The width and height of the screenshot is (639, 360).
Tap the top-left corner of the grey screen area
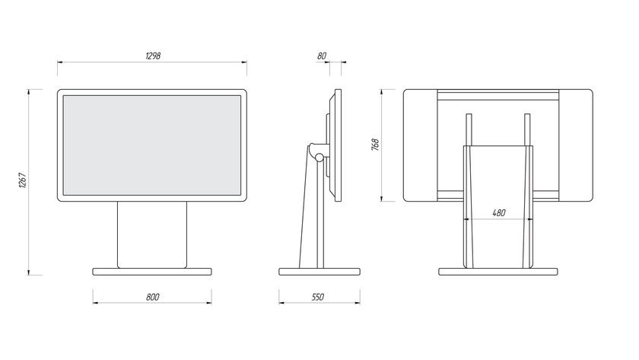coord(63,96)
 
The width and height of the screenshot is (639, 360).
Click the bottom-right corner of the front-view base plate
coord(211,275)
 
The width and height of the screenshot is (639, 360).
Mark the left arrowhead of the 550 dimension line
coord(280,303)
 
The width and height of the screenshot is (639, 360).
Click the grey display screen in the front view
coord(152,145)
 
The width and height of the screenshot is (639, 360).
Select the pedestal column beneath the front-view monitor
coord(152,235)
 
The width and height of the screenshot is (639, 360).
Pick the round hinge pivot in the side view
coord(319,156)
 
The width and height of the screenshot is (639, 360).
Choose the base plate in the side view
coord(319,272)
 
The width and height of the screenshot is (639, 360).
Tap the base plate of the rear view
coord(498,272)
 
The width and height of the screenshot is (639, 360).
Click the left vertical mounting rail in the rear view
coord(469,129)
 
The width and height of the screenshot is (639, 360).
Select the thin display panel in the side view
coord(339,145)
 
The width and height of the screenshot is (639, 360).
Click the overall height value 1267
coord(23,180)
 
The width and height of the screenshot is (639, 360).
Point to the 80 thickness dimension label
coord(322,56)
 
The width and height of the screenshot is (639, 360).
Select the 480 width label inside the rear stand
coord(499,213)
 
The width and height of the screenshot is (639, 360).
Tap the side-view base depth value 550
coord(318,298)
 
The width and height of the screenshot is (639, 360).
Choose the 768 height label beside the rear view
coord(375,145)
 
